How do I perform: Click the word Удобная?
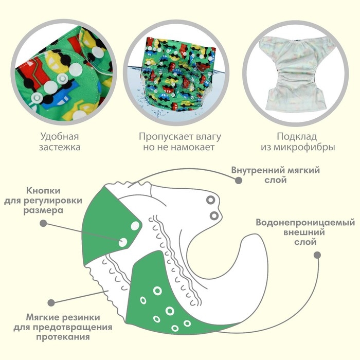click(x=61, y=137)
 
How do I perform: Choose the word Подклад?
click(x=299, y=137)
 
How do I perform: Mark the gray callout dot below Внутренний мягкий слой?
click(x=238, y=181)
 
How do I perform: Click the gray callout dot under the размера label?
click(x=44, y=224)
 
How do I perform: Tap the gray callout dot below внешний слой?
click(x=317, y=255)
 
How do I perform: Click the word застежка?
click(x=61, y=148)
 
